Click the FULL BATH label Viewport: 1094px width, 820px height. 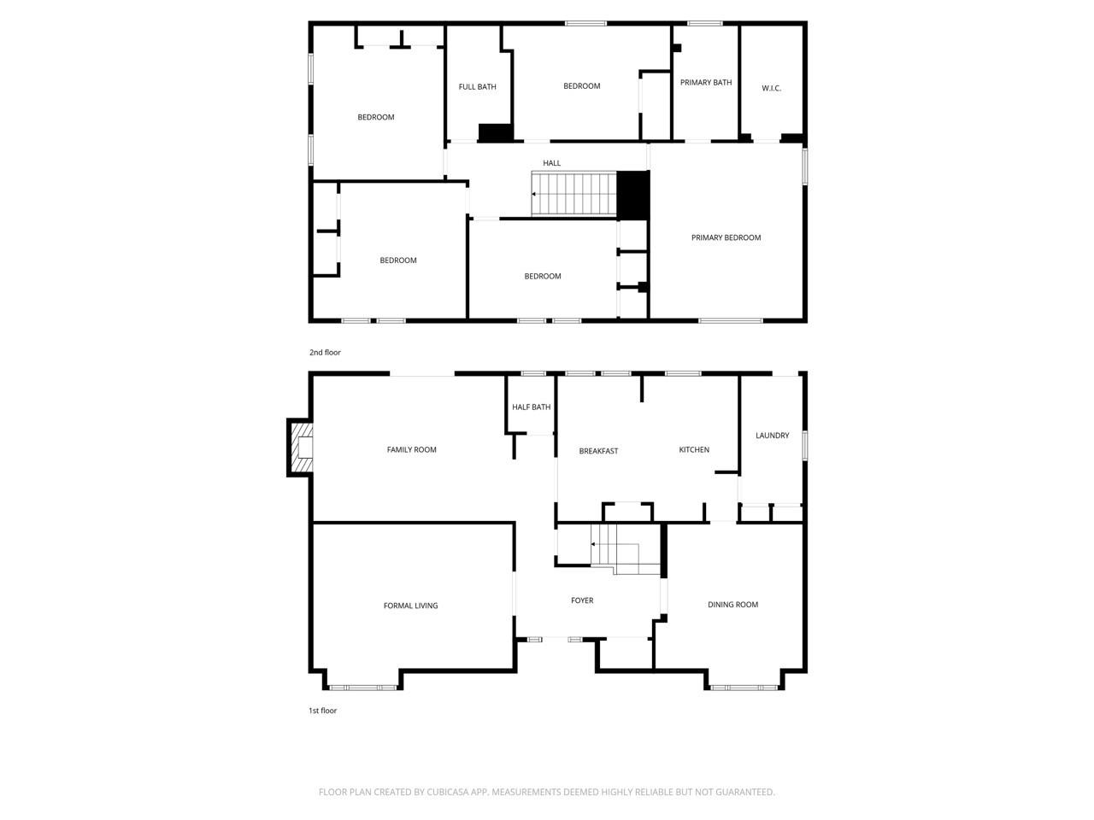coord(477,87)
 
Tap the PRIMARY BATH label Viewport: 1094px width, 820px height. coord(706,83)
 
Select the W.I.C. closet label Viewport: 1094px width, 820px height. coord(771,89)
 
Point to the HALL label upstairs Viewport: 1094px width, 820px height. coord(552,163)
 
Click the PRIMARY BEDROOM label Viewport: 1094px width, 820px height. coord(726,237)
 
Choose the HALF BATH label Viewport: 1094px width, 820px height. coord(531,407)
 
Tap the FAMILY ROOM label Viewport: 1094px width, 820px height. coord(411,450)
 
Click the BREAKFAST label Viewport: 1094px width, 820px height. coord(598,451)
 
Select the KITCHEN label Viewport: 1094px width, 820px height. coord(694,450)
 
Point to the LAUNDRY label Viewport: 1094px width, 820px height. coord(772,436)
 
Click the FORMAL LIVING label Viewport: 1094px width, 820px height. coord(410,606)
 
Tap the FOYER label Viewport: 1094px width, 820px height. coord(582,601)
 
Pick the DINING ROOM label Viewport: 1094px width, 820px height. coord(732,605)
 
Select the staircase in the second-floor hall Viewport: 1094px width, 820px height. coord(573,194)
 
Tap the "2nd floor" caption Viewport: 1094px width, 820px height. coord(325,353)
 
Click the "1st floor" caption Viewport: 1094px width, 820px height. coord(322,711)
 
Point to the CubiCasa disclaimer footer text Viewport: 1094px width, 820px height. coord(547,793)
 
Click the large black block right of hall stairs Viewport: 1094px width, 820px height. coord(633,196)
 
